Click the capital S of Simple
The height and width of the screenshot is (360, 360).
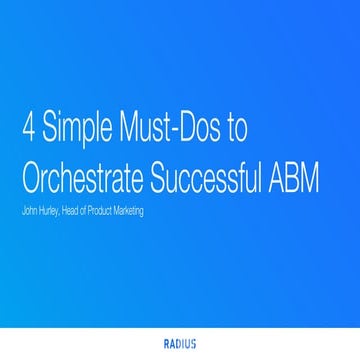[51, 132]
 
